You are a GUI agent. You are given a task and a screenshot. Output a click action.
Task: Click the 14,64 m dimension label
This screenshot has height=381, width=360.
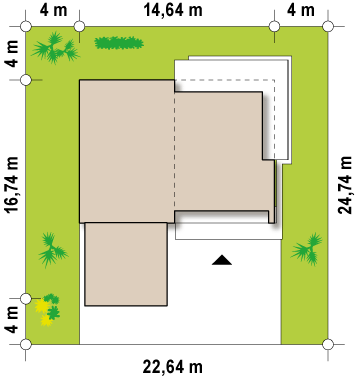click(173, 10)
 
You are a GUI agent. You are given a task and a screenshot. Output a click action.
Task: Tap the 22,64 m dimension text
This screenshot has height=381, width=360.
click(173, 367)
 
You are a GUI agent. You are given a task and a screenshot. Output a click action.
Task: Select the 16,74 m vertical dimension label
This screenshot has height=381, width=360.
click(12, 184)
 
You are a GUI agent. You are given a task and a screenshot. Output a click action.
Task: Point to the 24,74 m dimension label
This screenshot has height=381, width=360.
click(345, 185)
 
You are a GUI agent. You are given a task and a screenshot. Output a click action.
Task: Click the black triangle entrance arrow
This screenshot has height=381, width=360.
click(222, 260)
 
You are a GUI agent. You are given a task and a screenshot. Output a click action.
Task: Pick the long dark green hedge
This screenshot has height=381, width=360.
click(119, 43)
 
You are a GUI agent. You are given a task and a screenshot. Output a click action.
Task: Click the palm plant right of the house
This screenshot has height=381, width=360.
click(307, 249)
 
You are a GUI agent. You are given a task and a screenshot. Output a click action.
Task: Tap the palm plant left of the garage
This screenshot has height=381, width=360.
click(52, 250)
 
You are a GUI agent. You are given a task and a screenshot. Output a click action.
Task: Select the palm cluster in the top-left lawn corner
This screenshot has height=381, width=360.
click(55, 48)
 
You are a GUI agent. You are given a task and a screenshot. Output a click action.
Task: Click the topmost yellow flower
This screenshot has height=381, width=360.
click(42, 306)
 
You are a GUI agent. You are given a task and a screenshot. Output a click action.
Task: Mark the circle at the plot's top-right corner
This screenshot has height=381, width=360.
click(328, 26)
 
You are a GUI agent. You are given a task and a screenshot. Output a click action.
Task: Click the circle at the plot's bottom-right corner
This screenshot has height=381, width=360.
click(328, 344)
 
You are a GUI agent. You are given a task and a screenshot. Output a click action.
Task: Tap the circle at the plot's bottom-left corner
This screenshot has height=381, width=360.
click(26, 344)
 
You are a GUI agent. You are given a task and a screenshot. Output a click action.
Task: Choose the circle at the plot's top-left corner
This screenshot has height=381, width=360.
click(26, 26)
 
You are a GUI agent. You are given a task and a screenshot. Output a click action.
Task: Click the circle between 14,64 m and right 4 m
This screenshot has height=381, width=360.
click(274, 26)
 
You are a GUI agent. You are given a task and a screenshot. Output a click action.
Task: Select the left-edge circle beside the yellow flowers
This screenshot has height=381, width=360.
click(26, 299)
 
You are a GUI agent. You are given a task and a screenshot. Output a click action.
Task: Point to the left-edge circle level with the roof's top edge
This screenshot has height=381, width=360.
click(26, 80)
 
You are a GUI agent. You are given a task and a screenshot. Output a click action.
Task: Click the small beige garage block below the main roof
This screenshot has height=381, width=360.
click(126, 264)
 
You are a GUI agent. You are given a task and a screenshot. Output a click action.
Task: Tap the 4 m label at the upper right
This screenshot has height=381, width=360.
click(301, 10)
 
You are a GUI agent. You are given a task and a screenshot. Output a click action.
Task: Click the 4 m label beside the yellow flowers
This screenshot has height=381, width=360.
click(12, 320)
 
